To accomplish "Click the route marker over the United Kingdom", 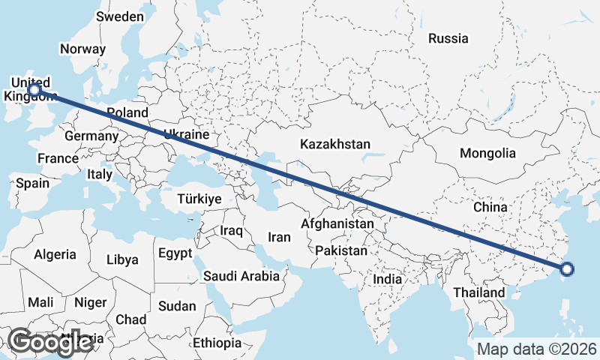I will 34,89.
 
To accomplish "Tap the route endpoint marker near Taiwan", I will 567,269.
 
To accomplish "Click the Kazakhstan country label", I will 335,143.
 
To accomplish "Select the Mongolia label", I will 487,153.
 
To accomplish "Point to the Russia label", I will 448,38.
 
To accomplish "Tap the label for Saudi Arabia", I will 241,276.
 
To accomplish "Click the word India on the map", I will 388,279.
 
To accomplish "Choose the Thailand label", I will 478,292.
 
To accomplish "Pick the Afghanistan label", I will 337,223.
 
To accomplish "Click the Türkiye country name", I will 199,199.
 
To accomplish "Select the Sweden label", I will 120,16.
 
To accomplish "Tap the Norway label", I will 82,49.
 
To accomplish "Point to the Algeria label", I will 55,254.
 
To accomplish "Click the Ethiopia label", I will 217,343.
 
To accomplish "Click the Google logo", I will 50,342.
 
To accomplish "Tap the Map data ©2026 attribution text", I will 537,349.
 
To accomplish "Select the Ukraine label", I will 184,135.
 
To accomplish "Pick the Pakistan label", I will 341,250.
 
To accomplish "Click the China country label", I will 490,206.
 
